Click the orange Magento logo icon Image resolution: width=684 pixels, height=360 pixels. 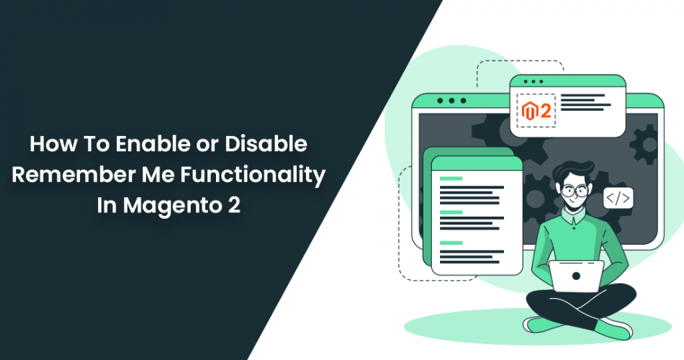tap(529, 112)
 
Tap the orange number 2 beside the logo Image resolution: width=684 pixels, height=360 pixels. tap(545, 112)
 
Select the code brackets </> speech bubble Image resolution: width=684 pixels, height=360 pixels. tap(618, 198)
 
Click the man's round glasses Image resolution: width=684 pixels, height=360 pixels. tap(574, 190)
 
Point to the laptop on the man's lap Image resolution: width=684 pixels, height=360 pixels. tap(576, 276)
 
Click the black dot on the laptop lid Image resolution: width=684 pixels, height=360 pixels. tap(576, 276)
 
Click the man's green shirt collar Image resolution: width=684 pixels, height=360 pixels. tap(573, 215)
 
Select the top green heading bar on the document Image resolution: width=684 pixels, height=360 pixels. tap(451, 179)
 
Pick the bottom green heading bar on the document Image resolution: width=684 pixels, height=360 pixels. tap(451, 243)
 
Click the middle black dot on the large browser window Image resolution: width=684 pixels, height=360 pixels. tap(451, 101)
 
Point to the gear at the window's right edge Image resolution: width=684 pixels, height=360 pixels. tap(644, 145)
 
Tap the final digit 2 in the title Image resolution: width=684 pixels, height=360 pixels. tap(234, 205)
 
